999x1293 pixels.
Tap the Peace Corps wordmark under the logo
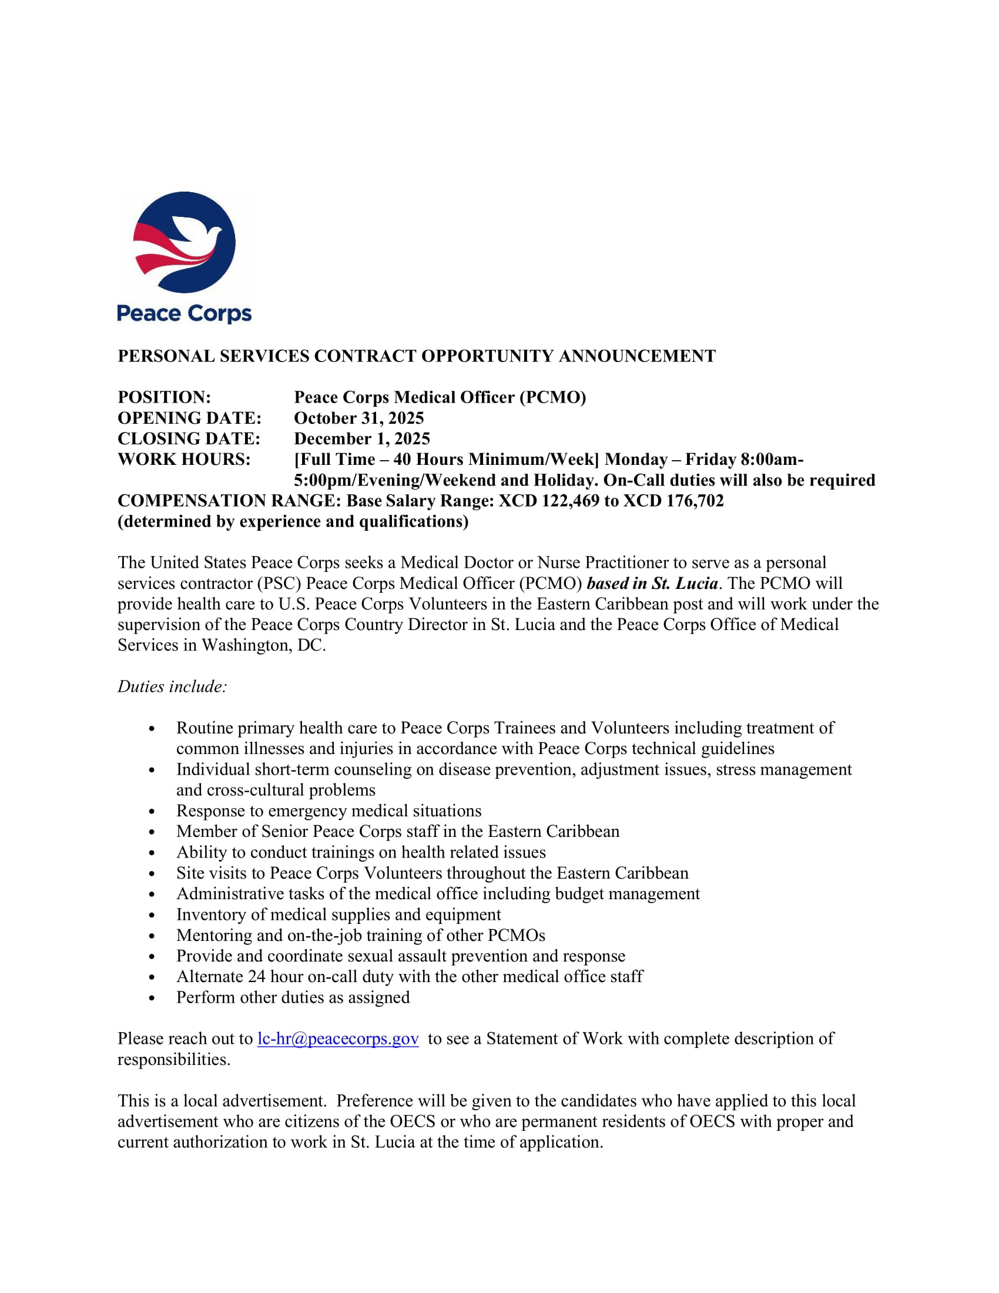(x=184, y=313)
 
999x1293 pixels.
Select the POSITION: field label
(x=165, y=397)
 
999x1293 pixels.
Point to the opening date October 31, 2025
(x=358, y=418)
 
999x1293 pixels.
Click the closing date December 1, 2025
(x=361, y=438)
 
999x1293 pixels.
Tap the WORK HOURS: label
(x=184, y=460)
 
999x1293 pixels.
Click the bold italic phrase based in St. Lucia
(x=652, y=583)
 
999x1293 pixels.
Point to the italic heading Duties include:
(x=172, y=686)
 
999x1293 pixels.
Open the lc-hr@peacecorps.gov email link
(x=338, y=1039)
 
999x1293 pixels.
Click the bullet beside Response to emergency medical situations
(x=152, y=812)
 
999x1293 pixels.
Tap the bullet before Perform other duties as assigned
(x=152, y=998)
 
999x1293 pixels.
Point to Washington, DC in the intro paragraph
(x=263, y=645)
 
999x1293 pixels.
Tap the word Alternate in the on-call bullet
(x=210, y=976)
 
